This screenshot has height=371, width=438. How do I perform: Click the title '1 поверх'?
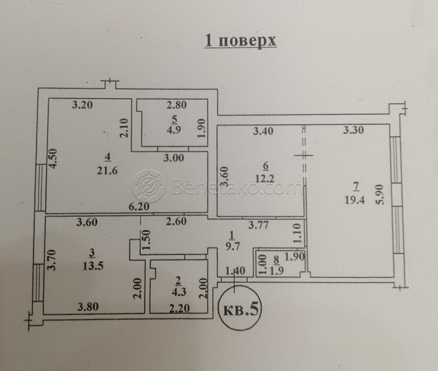coord(241,41)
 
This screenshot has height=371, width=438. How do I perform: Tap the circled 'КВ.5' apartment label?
coord(241,309)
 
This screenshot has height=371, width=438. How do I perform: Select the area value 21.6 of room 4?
coord(107,170)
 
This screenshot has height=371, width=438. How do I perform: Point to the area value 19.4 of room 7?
coord(355,200)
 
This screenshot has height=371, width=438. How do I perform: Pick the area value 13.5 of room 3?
coord(93,266)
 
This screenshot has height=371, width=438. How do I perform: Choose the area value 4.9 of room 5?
coord(174,130)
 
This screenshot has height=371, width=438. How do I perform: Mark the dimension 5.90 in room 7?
coord(382,195)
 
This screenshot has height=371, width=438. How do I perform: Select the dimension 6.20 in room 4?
coord(139,207)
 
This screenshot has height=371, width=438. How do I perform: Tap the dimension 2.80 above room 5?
coord(177,105)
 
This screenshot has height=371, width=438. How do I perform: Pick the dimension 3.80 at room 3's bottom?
coord(88,307)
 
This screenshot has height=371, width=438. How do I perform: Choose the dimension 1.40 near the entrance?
coord(235,270)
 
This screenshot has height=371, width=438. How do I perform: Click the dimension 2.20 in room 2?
coord(179,308)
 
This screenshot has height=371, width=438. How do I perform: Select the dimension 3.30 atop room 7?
coord(353,130)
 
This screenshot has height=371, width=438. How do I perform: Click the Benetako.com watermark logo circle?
coord(148,186)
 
